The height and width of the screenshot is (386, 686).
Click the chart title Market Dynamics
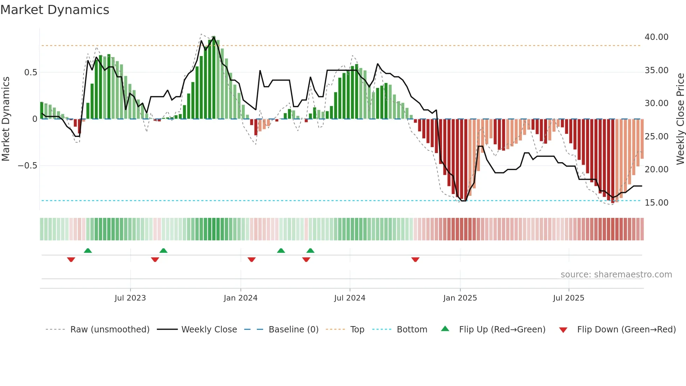pos(55,10)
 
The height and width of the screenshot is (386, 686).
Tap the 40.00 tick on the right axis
pos(656,37)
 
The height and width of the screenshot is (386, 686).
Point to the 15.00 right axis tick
pos(656,203)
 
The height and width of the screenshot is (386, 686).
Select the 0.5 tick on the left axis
pos(30,73)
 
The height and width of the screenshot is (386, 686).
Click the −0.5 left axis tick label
pos(28,166)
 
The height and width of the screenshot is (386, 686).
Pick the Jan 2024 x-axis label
pos(240,298)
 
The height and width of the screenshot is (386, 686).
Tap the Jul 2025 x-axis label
pos(568,298)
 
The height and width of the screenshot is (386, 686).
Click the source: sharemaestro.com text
pos(616,275)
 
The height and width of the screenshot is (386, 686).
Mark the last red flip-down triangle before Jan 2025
pos(415,260)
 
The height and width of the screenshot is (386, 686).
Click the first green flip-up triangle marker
pos(88,251)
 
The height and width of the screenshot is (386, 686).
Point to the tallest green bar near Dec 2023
pos(213,77)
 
